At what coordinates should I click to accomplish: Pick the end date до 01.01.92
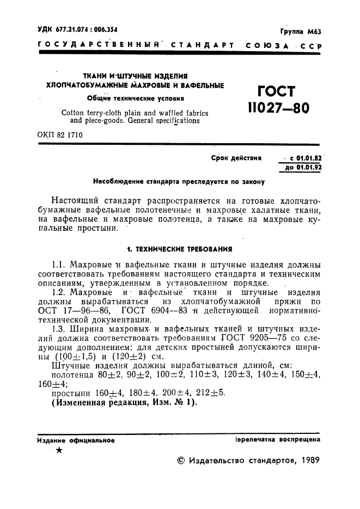[x=301, y=168]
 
